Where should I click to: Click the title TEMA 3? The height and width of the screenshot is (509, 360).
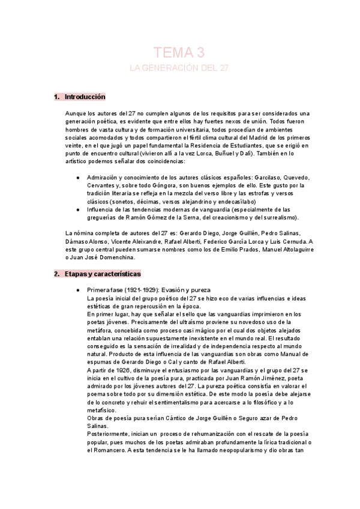point(179,52)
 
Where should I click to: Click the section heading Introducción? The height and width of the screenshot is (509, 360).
point(84,97)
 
